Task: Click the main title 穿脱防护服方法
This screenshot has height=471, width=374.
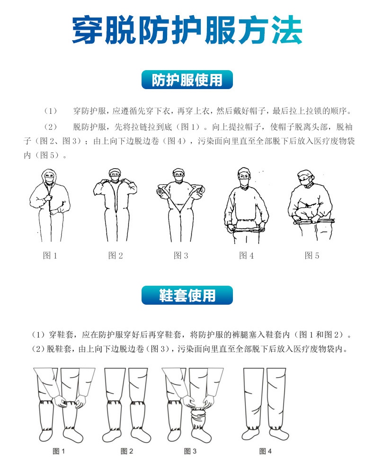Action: click(x=187, y=31)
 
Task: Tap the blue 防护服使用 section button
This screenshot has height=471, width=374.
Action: click(x=187, y=80)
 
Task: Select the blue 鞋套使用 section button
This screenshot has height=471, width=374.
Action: click(x=187, y=295)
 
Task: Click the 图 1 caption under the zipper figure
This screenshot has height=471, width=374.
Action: click(x=50, y=256)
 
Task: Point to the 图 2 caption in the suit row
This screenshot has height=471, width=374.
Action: click(x=116, y=256)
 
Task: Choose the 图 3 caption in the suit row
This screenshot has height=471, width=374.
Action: click(x=181, y=256)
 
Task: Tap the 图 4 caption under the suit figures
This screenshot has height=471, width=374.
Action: click(x=246, y=256)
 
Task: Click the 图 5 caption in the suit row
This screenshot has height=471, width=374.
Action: click(x=312, y=256)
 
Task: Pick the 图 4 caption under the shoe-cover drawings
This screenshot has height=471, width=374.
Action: click(x=266, y=451)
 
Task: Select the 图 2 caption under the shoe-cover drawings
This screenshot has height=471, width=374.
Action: click(x=127, y=451)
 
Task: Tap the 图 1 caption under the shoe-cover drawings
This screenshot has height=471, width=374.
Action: click(x=58, y=451)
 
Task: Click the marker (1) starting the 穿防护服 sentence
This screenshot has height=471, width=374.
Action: click(x=50, y=112)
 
